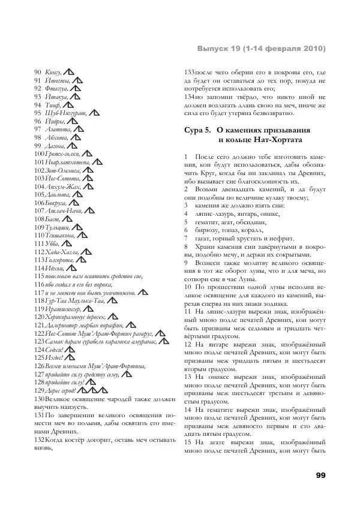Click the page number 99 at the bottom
click(x=320, y=475)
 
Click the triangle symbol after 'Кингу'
click(x=68, y=72)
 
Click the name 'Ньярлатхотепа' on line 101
click(x=64, y=162)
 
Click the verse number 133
click(x=189, y=72)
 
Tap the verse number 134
click(x=189, y=97)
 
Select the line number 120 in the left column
click(x=39, y=317)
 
